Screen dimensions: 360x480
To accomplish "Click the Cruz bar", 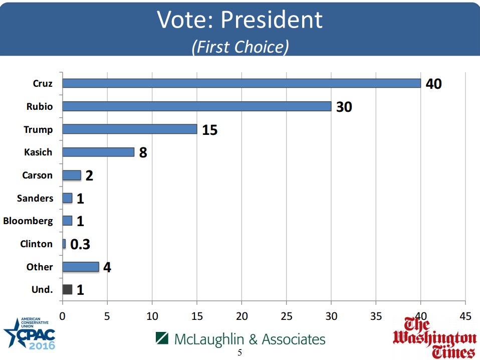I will pyautogui.click(x=241, y=83).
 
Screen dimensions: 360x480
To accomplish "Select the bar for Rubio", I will pyautogui.click(x=196, y=106).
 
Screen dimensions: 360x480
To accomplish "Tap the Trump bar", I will pyautogui.click(x=129, y=129).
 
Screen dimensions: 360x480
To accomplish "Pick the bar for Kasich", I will pyautogui.click(x=98, y=152).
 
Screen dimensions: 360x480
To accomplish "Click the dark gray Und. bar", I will pyautogui.click(x=67, y=289).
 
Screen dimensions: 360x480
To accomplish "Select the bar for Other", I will pyautogui.click(x=80, y=266).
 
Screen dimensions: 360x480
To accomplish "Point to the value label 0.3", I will pyautogui.click(x=80, y=244).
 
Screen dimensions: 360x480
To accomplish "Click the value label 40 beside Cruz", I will pyautogui.click(x=433, y=84).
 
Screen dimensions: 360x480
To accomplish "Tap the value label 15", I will pyautogui.click(x=209, y=130).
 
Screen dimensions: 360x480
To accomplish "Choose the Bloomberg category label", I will pyautogui.click(x=28, y=221).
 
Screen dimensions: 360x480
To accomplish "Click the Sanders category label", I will pyautogui.click(x=35, y=198).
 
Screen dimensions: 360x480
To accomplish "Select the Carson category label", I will pyautogui.click(x=37, y=175).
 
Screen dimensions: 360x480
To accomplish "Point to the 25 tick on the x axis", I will pyautogui.click(x=286, y=316).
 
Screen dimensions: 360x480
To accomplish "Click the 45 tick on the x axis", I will pyautogui.click(x=465, y=316).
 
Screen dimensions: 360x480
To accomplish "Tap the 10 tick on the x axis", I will pyautogui.click(x=152, y=316).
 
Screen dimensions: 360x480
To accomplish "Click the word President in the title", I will pyautogui.click(x=272, y=20).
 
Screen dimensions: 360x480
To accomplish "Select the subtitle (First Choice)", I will pyautogui.click(x=240, y=47).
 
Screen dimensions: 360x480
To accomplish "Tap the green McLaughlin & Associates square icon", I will pyautogui.click(x=161, y=338).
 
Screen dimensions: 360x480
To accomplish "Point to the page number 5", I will pyautogui.click(x=239, y=352).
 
